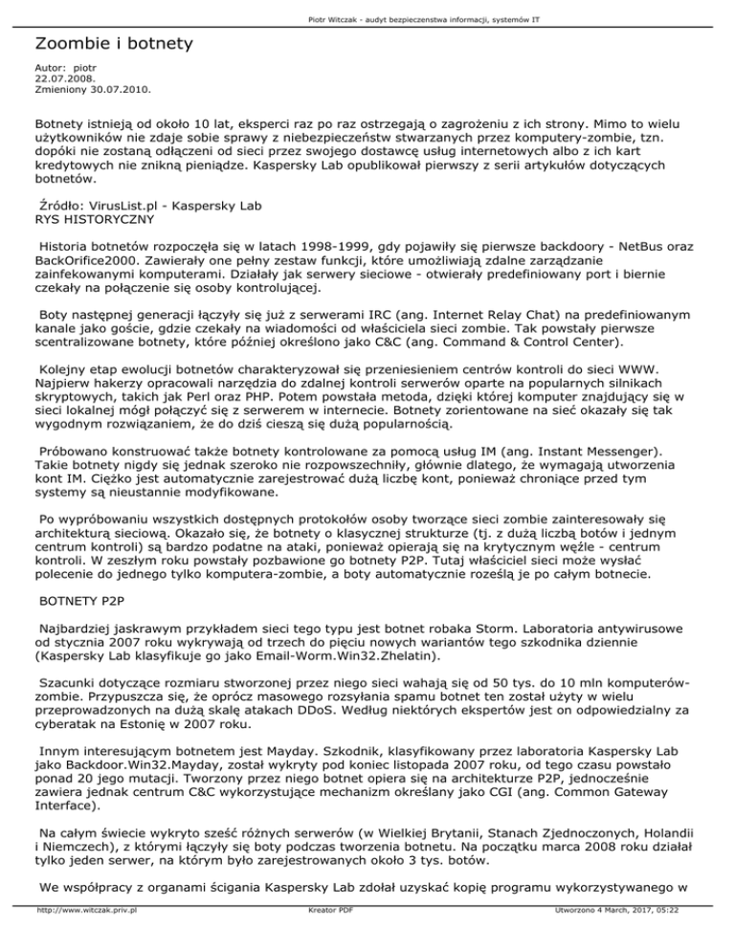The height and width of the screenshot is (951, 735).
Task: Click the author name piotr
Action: pos(86,69)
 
